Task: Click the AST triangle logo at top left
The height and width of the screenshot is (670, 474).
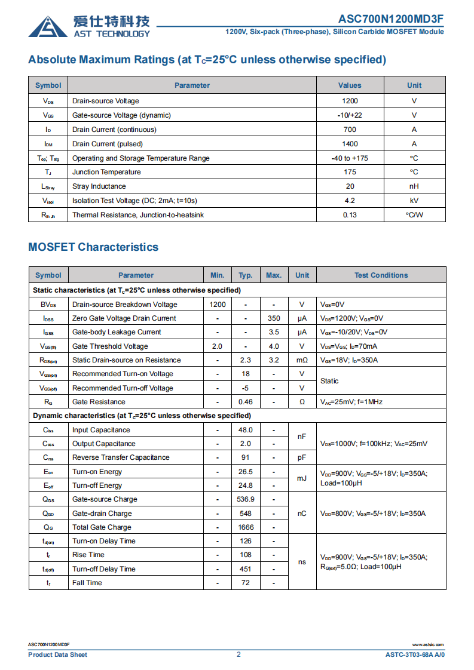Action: click(48, 26)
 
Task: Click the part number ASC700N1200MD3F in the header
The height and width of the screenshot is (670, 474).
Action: click(391, 19)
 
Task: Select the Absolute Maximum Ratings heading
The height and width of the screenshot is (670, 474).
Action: click(207, 60)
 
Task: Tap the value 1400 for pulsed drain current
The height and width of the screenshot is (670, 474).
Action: click(350, 144)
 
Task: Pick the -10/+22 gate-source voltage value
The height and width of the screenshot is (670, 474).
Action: click(350, 115)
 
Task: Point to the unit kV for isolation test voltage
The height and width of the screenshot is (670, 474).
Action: click(414, 201)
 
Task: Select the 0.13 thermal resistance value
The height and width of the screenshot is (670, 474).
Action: click(350, 215)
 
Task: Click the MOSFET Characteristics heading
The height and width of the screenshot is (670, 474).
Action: click(93, 247)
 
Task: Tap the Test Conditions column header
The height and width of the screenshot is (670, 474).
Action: click(381, 275)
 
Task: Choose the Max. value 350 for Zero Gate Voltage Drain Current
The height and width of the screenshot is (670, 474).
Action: click(274, 318)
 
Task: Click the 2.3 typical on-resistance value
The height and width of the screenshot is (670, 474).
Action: click(245, 360)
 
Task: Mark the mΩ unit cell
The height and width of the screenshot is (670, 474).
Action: click(302, 360)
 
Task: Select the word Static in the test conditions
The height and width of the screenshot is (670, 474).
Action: click(329, 381)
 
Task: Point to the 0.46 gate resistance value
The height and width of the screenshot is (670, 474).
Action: click(245, 402)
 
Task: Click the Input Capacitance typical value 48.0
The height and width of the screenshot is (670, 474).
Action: click(245, 430)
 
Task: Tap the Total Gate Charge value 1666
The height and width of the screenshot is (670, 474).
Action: click(245, 527)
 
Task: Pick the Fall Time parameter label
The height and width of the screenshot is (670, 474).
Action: click(87, 583)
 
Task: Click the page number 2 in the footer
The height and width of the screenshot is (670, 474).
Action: click(238, 654)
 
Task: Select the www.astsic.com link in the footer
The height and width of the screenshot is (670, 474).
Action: click(428, 645)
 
